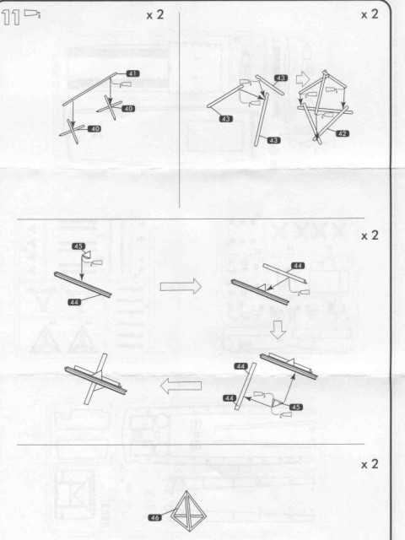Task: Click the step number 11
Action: pos(11,18)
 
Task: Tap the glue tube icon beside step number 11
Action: pos(32,13)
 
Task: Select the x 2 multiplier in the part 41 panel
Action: pos(155,15)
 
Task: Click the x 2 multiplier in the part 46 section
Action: pos(370,464)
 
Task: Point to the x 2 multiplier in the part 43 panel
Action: pos(370,14)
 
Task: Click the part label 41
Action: pos(132,73)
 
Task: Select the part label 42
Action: pos(342,133)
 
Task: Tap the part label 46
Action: pos(155,517)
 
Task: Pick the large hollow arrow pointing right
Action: pos(181,286)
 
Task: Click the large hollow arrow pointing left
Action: pos(181,386)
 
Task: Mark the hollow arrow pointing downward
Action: pos(278,330)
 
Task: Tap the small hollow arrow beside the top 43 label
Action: pos(302,78)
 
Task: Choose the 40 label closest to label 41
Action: pos(128,109)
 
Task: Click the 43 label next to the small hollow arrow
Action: pos(281,78)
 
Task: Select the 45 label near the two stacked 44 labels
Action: pos(296,407)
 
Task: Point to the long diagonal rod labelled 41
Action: pos(90,89)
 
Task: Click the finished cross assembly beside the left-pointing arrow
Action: pos(95,380)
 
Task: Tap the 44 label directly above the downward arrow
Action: pos(298,266)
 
